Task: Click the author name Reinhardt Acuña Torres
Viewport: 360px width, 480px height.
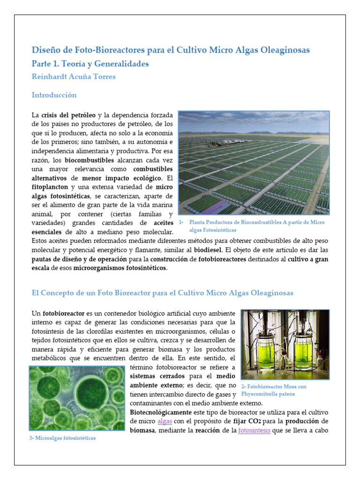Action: coord(74,77)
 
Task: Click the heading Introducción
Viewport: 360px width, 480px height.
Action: coord(54,95)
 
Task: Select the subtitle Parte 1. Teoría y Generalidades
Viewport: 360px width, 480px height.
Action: coord(90,63)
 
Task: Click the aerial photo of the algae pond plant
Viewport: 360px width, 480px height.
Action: coord(254,162)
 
